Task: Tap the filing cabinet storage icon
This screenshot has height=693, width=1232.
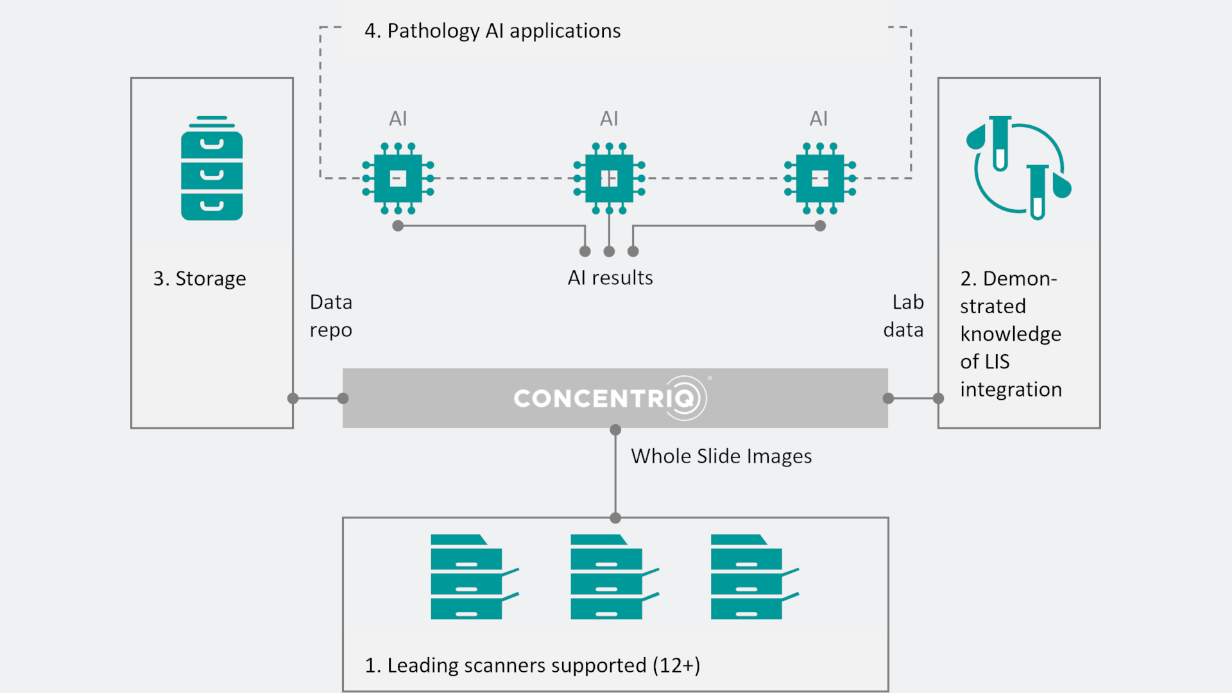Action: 212,169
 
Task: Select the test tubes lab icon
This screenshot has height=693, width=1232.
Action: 1018,167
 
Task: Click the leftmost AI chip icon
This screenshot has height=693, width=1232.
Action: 398,178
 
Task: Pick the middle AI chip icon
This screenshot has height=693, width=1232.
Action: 609,178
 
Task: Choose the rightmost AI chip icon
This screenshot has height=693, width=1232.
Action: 819,178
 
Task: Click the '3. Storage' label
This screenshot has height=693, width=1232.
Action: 200,278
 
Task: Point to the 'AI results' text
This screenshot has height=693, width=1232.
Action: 610,278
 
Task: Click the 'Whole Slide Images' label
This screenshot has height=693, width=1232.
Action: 721,456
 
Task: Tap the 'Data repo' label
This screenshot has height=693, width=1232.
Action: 331,316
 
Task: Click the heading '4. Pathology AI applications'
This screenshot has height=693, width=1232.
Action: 492,31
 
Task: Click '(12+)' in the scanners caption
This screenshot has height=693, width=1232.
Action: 676,665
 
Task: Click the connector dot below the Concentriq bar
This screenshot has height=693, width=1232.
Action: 615,430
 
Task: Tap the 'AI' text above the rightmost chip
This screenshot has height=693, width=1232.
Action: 819,119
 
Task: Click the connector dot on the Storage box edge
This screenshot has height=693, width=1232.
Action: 293,398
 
